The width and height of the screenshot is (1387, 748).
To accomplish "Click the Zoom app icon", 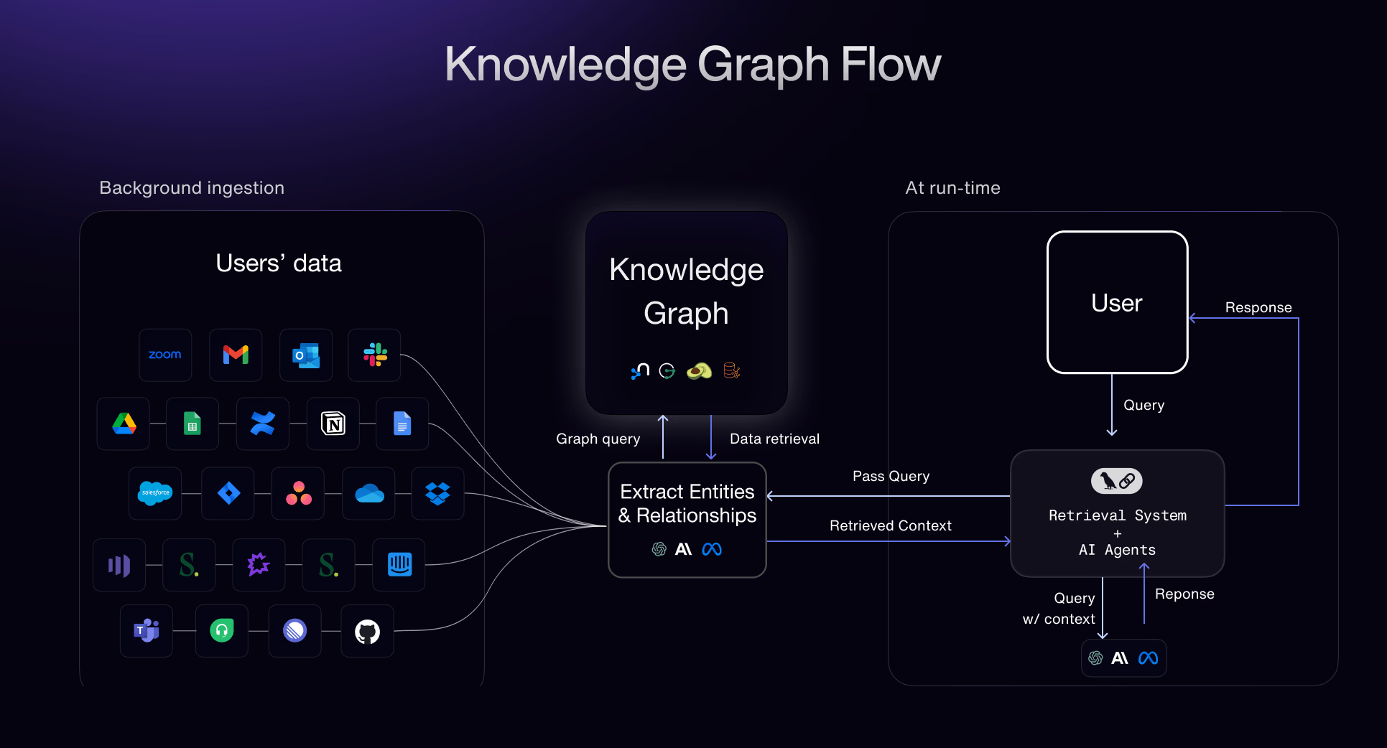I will coord(165,355).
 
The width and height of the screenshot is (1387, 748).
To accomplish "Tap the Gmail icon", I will coord(236,355).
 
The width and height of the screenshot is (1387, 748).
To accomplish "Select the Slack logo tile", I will coord(375,355).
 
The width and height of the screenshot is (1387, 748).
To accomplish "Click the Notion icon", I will coord(333,424).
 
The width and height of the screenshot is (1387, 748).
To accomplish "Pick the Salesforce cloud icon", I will coord(155,493).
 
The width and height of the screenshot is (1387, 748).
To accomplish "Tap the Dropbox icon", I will coord(437,493).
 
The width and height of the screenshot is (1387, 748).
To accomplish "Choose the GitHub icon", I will coord(367,632).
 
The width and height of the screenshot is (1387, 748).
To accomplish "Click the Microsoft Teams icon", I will coord(147,631).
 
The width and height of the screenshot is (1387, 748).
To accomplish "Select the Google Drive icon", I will coord(124,424).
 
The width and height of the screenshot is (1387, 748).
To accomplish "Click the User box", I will coord(1117,302).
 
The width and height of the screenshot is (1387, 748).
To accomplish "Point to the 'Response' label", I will coord(1258,307).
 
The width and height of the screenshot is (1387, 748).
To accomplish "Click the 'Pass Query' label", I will coord(891,476).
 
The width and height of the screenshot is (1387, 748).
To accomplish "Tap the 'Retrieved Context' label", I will coord(890,525).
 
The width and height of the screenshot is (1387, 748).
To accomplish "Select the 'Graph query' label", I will coord(598,439).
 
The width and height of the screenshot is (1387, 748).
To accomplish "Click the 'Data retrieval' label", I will coord(774,439).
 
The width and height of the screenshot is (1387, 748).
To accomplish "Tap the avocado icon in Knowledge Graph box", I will coord(699,371).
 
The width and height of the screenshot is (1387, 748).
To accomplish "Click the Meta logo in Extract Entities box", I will coord(712,549).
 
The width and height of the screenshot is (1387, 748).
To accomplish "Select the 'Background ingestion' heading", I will coord(192,188).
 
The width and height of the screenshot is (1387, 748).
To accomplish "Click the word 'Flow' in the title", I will coord(890,65).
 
